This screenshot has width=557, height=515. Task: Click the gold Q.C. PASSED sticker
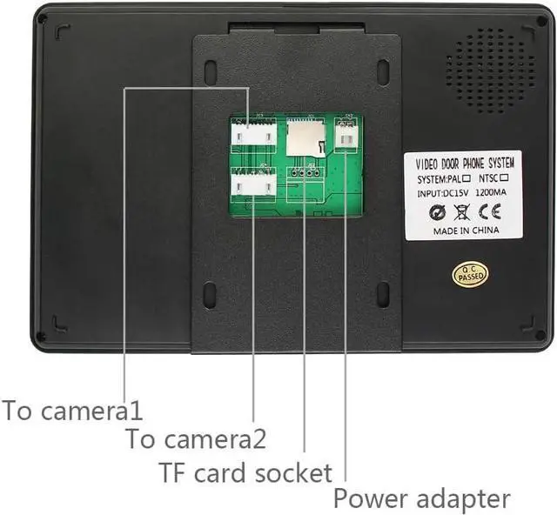(470, 274)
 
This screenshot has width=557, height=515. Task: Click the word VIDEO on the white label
(427, 163)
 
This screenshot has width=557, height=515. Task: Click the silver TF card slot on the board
(302, 135)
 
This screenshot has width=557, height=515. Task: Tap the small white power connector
(346, 137)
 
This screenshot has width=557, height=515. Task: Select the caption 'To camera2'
(196, 438)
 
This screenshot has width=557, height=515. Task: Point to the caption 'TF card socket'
(245, 472)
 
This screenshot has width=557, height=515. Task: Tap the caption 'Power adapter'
(421, 499)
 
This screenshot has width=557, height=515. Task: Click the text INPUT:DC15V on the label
(440, 193)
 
